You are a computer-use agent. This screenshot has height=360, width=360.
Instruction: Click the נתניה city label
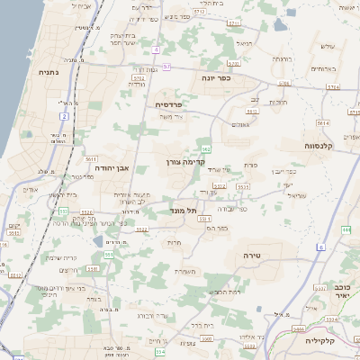pos(49,70)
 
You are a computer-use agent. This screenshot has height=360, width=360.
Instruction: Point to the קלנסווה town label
pos(320,144)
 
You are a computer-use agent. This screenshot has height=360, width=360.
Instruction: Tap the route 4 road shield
pos(156,49)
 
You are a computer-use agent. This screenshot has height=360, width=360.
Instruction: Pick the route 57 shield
pos(166,67)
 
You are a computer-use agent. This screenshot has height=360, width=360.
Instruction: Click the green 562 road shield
pos(206,148)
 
